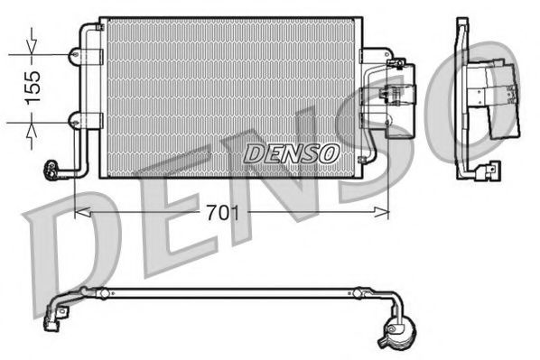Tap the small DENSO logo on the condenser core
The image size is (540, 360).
[x=291, y=153]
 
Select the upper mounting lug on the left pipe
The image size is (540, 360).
[x=74, y=55]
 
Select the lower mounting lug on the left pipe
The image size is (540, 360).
[x=74, y=119]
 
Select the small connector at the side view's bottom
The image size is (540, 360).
[x=491, y=167]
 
